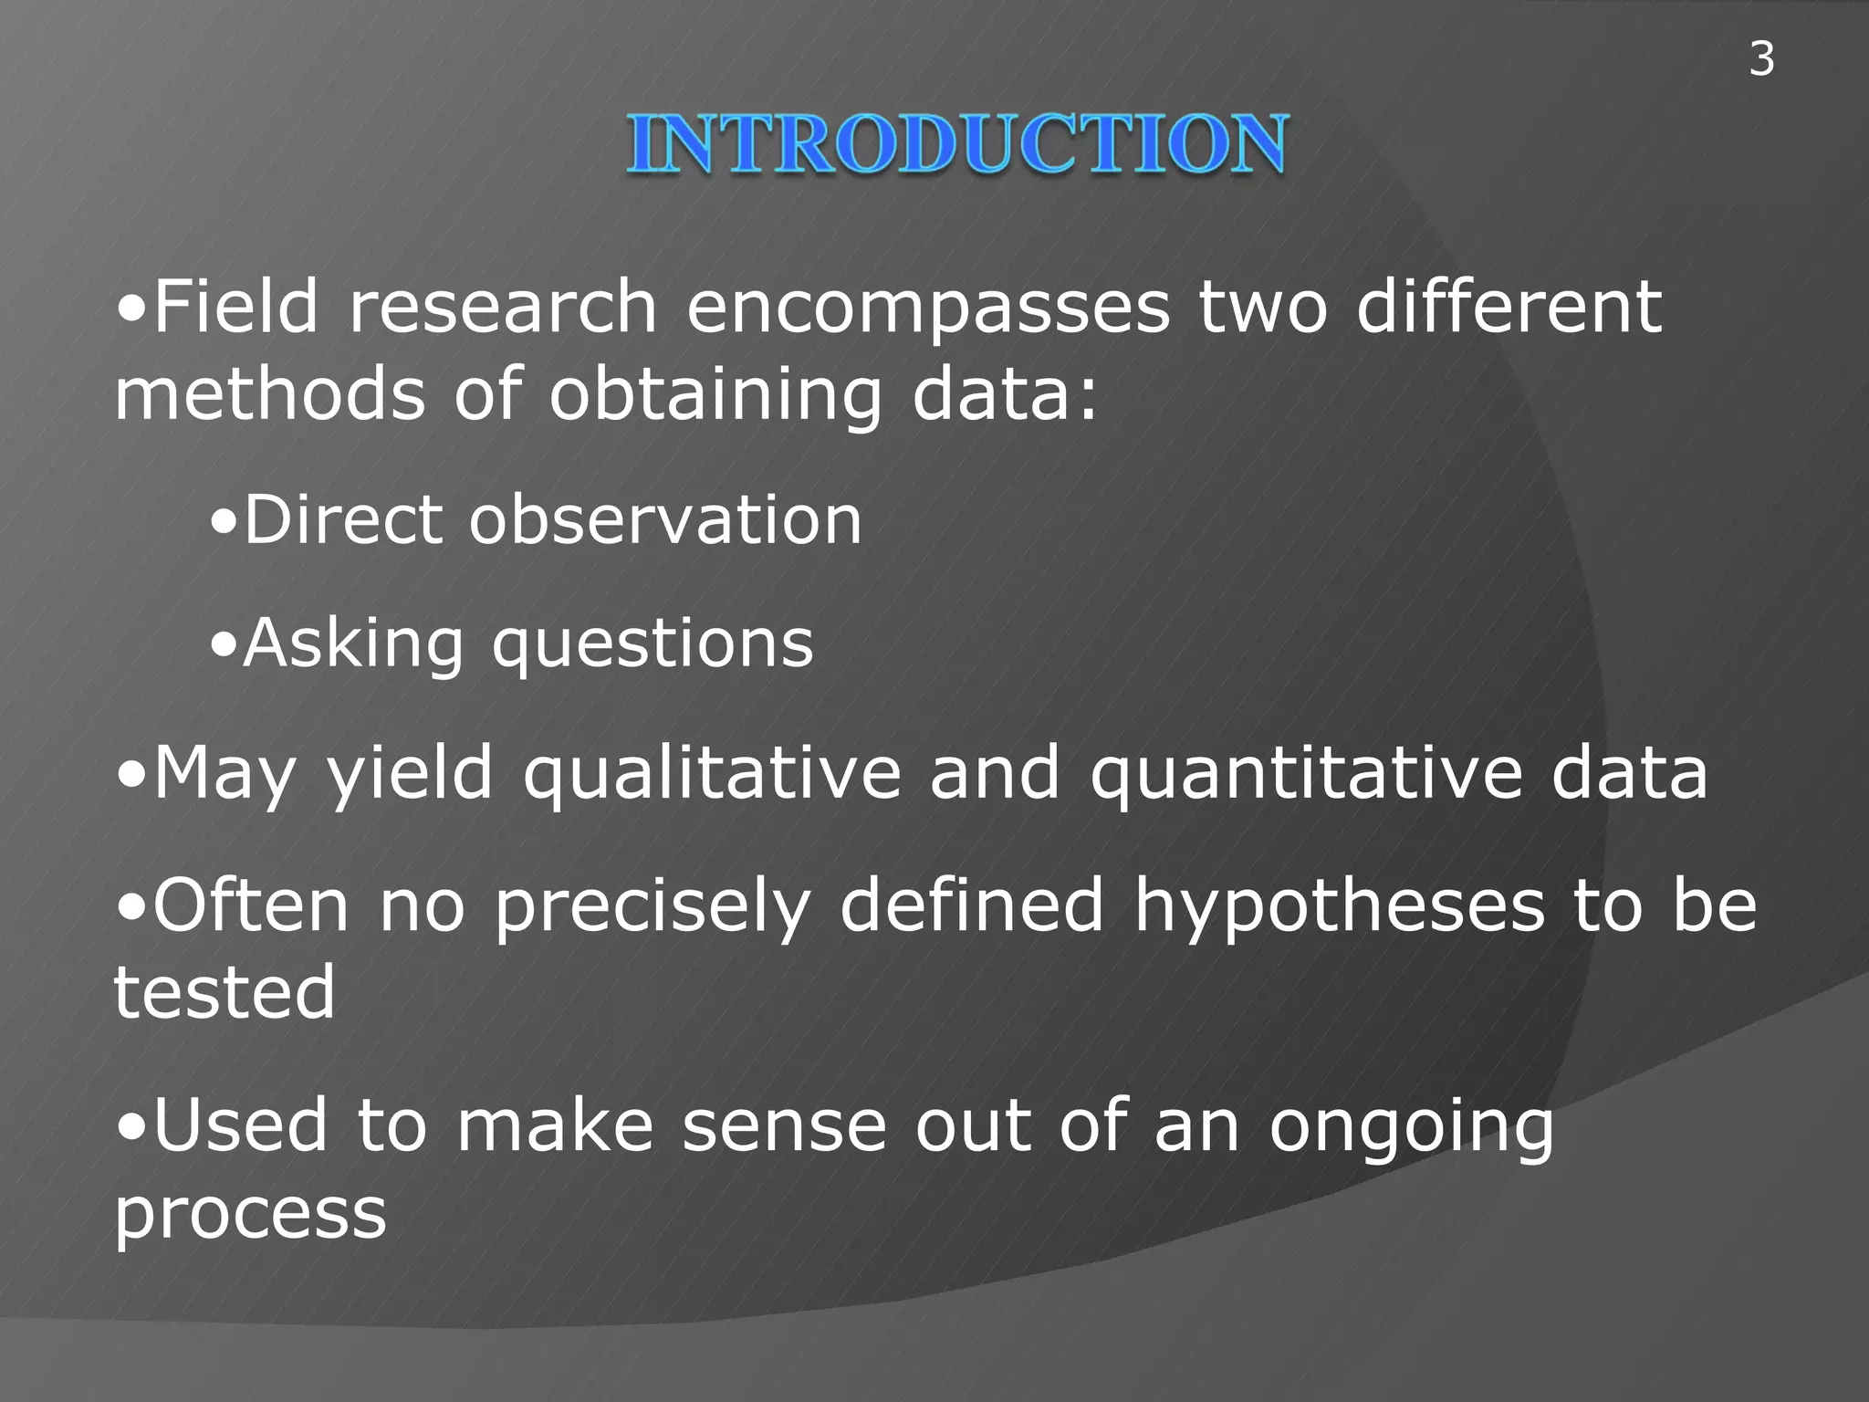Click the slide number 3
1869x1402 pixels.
tap(1761, 59)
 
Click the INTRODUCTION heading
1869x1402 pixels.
tap(956, 144)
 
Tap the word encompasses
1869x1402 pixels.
tap(927, 309)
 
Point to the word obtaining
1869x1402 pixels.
tap(715, 396)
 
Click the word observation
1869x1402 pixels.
tap(664, 520)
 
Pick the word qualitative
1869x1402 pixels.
tap(712, 775)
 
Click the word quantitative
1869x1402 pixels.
tap(1306, 775)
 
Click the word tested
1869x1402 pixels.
tap(224, 993)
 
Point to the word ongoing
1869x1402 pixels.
tap(1411, 1128)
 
